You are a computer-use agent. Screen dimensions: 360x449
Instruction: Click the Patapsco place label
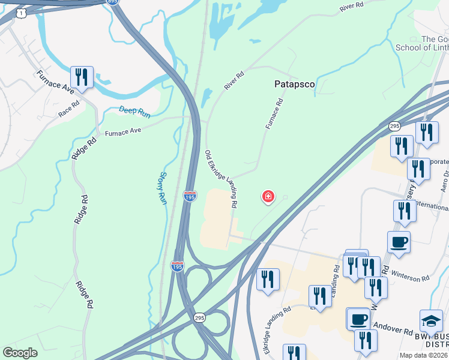(295, 85)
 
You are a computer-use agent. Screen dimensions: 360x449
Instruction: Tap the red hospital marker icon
(268, 196)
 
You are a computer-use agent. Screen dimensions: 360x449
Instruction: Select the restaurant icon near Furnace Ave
(81, 77)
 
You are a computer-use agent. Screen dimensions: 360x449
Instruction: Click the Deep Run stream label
(135, 112)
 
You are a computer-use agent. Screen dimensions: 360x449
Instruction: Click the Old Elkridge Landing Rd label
(221, 179)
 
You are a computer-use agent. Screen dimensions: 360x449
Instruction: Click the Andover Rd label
(393, 330)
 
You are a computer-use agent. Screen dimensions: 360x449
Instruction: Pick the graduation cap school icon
(431, 320)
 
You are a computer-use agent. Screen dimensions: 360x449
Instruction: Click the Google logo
(20, 353)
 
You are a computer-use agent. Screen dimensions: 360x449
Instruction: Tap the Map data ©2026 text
(423, 355)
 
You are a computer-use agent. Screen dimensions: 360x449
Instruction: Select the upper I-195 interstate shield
(190, 196)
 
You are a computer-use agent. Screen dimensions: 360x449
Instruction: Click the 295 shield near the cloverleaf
(200, 317)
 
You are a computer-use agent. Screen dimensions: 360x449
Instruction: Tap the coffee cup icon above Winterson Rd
(399, 242)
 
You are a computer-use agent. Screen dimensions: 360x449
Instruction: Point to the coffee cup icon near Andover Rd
(359, 319)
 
